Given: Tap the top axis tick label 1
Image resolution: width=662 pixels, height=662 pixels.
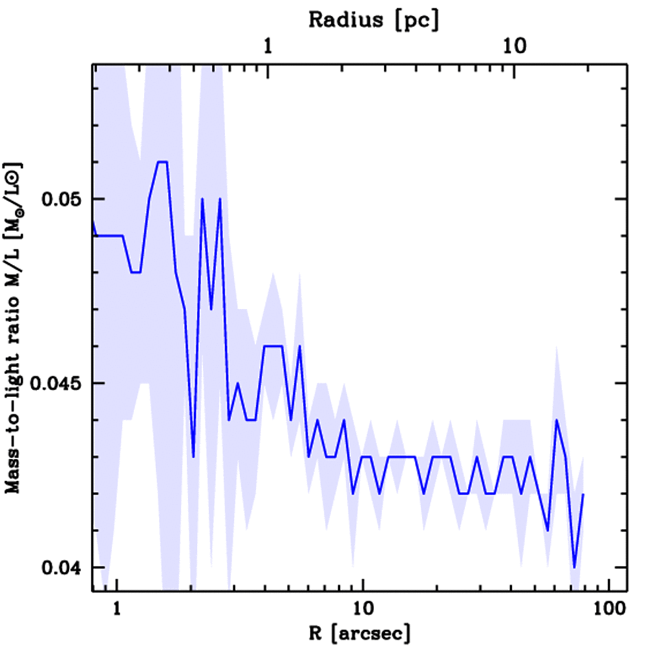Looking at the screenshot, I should click(268, 47).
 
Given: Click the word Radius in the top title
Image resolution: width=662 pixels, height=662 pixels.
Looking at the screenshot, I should click(346, 19).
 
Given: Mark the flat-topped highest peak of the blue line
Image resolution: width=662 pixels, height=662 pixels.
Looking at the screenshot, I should click(162, 162).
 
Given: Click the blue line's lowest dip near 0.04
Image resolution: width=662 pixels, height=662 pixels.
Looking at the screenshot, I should click(574, 567).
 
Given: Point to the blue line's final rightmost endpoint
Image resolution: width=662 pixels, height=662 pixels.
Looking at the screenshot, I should click(583, 494).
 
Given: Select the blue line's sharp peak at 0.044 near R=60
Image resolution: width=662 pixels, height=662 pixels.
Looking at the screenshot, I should click(556, 420).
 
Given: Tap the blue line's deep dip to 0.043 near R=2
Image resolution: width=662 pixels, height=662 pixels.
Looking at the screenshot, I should click(193, 456).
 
